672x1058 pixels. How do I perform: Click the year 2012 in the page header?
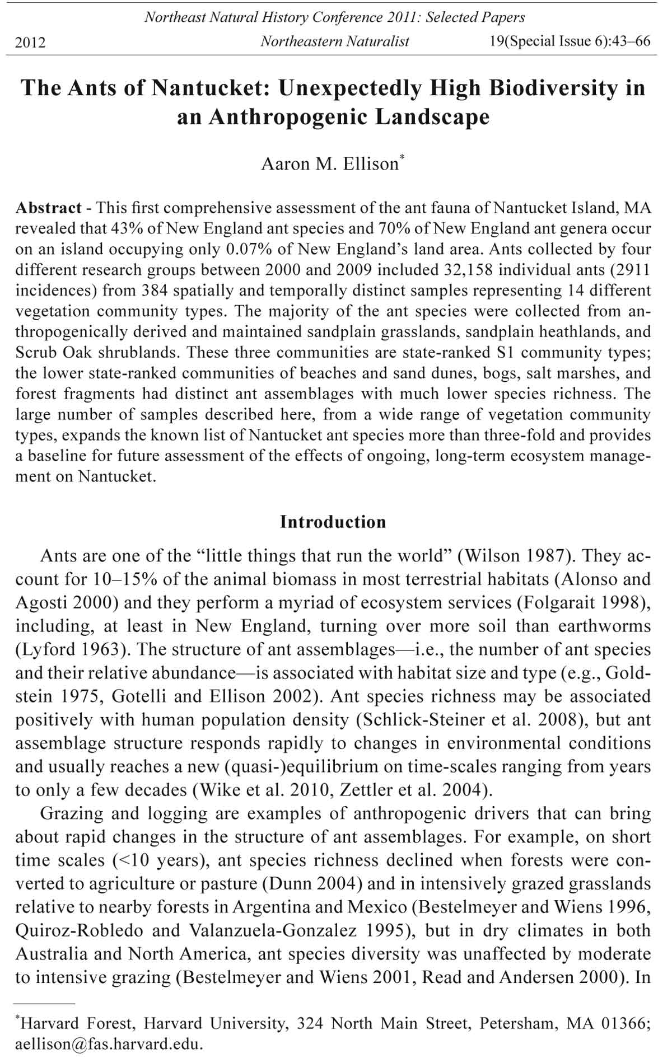(30, 42)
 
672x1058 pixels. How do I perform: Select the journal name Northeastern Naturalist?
(335, 41)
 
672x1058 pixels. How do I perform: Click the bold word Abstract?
(48, 208)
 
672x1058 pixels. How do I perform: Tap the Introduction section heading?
(333, 522)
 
